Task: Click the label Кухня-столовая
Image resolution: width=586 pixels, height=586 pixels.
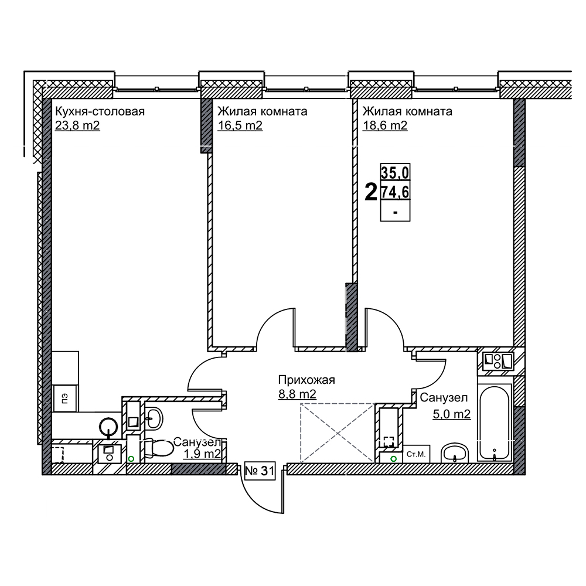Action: click(100, 111)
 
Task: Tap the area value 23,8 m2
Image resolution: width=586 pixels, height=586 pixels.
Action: click(77, 125)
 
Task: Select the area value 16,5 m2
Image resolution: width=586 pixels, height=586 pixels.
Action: click(240, 125)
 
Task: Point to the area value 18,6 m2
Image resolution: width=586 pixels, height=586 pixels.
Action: click(385, 125)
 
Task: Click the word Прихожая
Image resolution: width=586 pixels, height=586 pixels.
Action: click(306, 380)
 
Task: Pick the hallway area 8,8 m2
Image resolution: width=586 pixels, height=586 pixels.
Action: click(297, 394)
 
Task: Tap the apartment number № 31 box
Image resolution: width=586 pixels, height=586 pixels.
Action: click(260, 471)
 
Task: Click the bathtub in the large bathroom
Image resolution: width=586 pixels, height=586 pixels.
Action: click(494, 423)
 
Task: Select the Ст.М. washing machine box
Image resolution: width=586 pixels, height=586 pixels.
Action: click(416, 454)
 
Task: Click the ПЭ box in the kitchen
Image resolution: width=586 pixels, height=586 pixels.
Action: click(65, 398)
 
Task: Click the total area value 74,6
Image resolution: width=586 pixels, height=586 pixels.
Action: click(395, 192)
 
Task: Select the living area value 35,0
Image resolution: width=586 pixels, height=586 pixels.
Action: click(395, 173)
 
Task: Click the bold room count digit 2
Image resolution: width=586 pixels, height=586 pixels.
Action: click(371, 192)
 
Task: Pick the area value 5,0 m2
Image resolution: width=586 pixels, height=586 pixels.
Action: click(451, 414)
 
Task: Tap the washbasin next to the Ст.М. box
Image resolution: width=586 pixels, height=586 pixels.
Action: click(455, 453)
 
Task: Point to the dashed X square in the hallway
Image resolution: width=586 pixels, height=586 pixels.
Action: click(338, 434)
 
